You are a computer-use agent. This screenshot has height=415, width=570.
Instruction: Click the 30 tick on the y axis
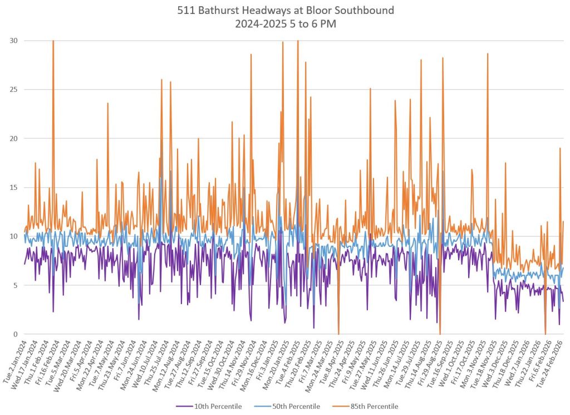coord(14,41)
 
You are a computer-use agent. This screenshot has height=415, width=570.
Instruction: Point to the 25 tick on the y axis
coord(14,90)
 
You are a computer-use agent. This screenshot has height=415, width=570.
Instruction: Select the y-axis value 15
coord(14,188)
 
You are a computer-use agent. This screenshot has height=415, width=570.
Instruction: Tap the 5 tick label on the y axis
coord(16,285)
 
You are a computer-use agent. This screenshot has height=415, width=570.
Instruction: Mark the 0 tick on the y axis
coord(16,334)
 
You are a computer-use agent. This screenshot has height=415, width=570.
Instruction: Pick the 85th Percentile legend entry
coord(372,406)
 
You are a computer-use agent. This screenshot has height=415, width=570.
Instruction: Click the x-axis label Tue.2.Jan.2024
coord(13,362)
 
